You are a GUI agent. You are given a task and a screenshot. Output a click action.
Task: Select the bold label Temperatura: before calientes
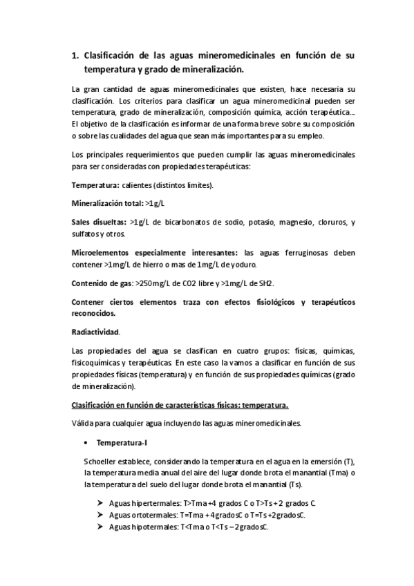tap(95, 185)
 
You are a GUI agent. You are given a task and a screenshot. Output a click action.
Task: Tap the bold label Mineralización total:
tap(107, 204)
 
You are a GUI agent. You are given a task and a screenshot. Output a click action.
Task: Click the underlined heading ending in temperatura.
tap(180, 405)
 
